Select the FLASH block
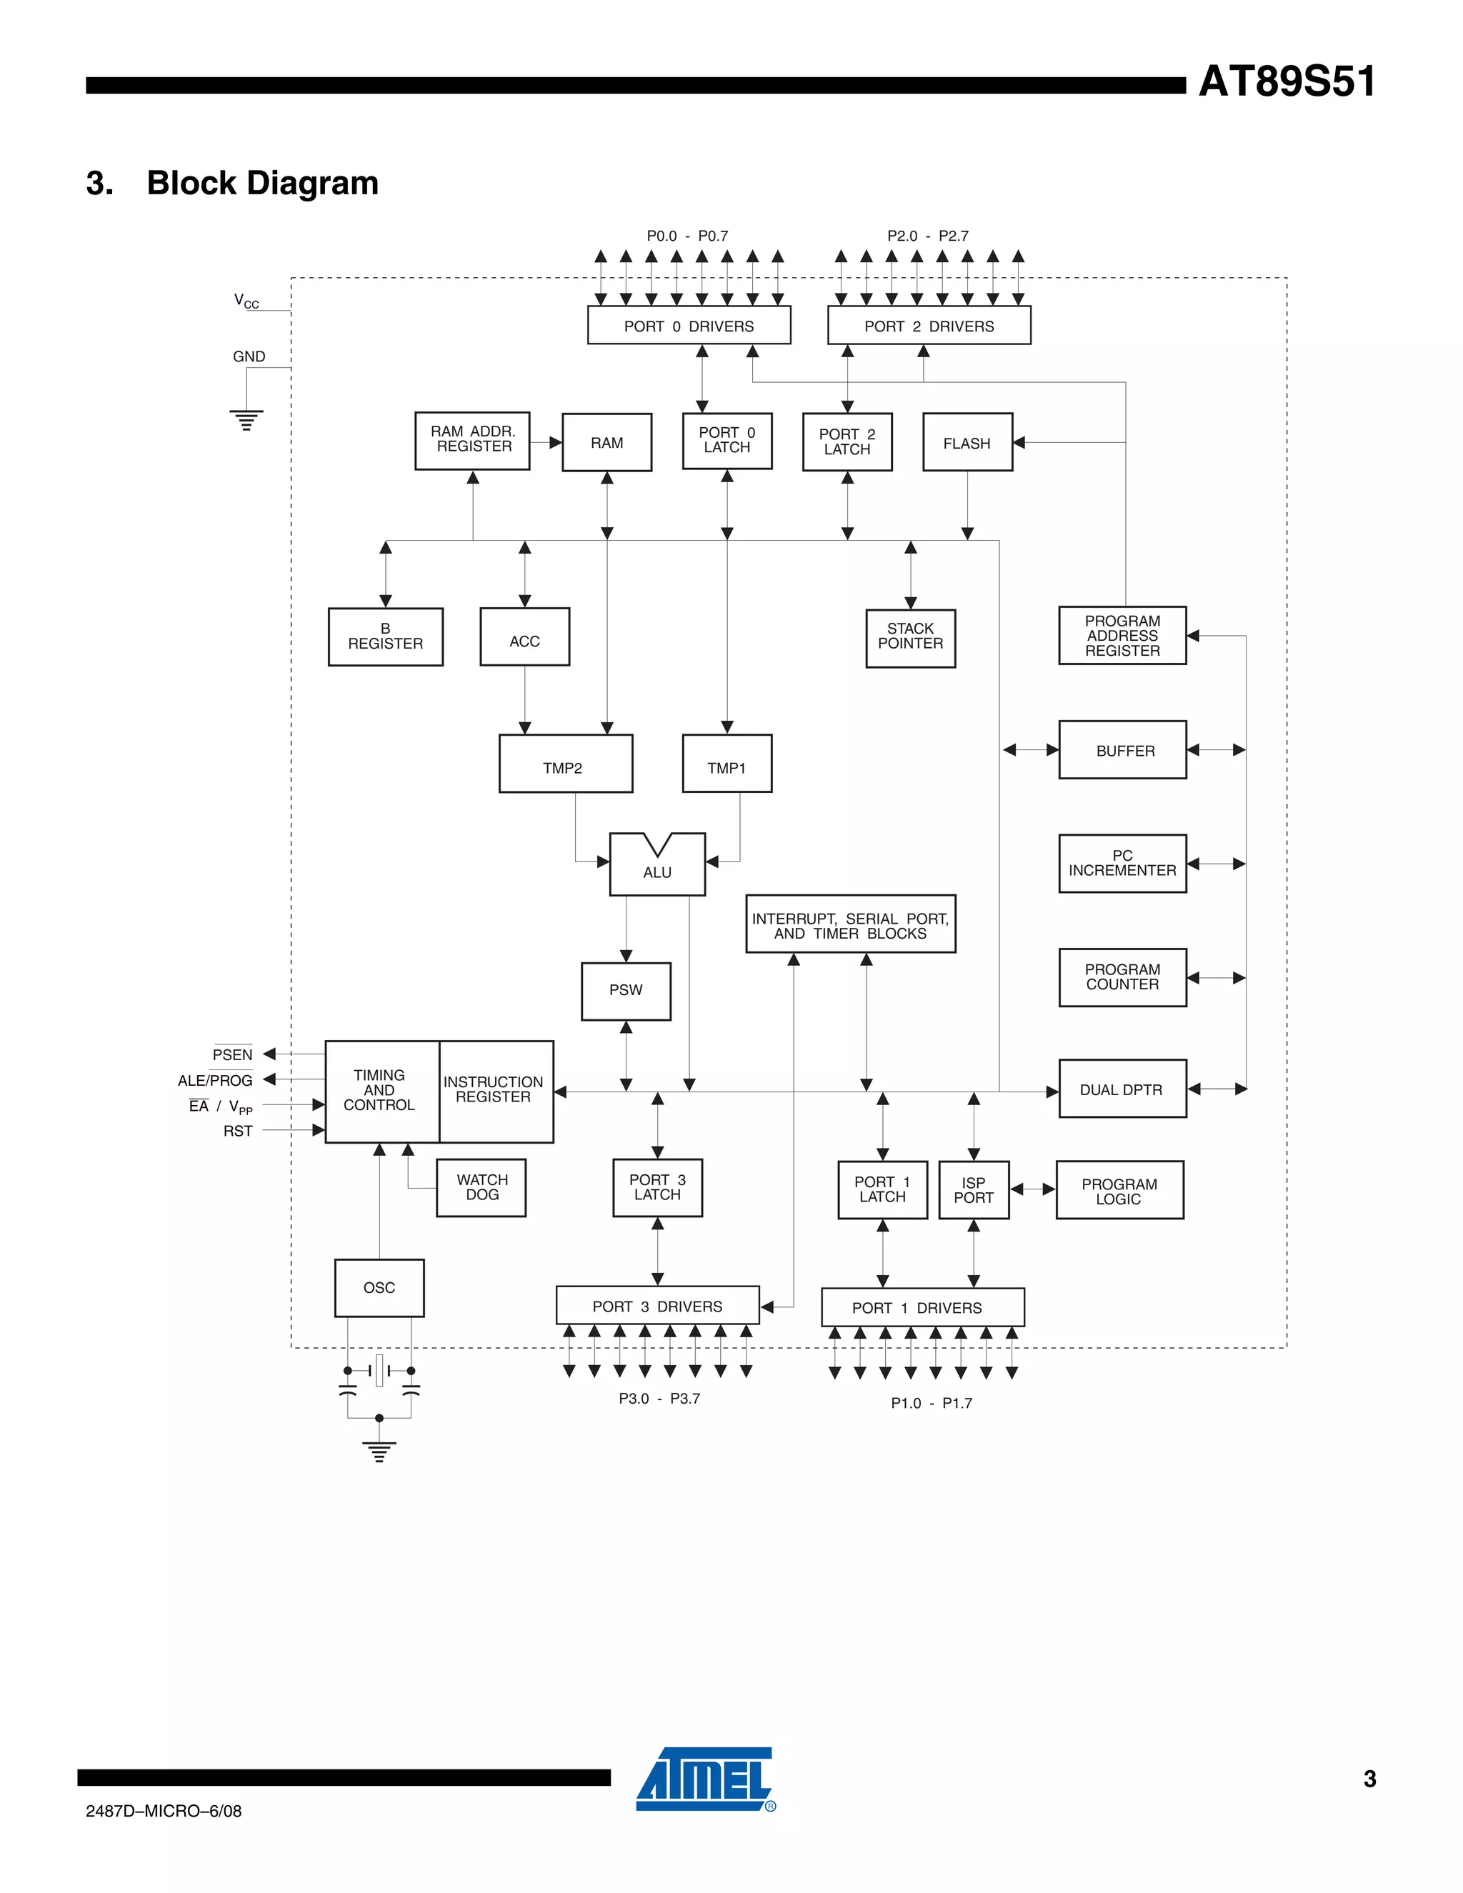[967, 443]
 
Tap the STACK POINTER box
[910, 638]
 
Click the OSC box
[379, 1288]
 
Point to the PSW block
[626, 991]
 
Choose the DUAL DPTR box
[1122, 1089]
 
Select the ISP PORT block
[974, 1190]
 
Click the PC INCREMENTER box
[1122, 864]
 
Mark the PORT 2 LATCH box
[847, 442]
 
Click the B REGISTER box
[386, 637]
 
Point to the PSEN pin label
[232, 1055]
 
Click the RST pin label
[237, 1131]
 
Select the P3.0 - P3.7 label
[659, 1399]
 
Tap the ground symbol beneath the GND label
[246, 419]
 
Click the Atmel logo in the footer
[704, 1779]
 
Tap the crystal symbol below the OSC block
[379, 1370]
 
